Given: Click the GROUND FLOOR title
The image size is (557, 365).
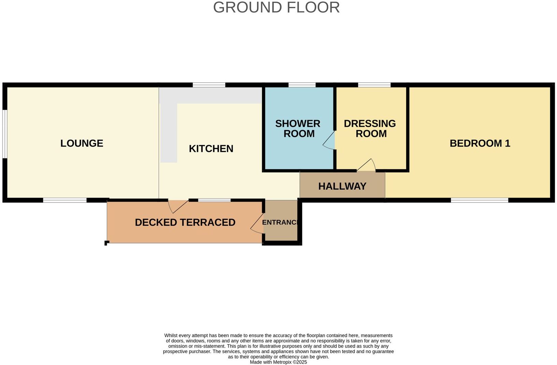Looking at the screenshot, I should click(x=276, y=8).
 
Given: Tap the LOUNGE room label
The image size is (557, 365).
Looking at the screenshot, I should click(x=82, y=143).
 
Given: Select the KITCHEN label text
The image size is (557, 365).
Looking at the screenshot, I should click(x=211, y=149).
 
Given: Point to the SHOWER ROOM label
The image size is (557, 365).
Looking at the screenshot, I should click(x=298, y=129).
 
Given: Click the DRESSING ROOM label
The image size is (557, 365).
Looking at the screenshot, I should click(x=370, y=129).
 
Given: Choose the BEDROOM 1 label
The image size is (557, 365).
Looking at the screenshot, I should click(x=480, y=143).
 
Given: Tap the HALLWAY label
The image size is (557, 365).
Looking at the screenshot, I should click(x=342, y=186).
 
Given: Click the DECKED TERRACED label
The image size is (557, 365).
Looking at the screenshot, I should click(x=185, y=223).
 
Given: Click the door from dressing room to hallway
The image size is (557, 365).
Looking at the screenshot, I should click(x=367, y=165).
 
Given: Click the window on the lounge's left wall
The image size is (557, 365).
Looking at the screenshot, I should click(x=5, y=134).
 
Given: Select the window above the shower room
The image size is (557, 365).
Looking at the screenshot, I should click(x=302, y=85).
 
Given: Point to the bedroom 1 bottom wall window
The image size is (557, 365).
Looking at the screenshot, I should click(x=479, y=200).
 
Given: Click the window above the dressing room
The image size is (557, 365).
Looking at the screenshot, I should click(x=374, y=85).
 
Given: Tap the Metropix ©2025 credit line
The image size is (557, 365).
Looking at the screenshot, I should click(x=278, y=362).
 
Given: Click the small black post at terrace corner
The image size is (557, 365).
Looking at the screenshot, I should click(x=106, y=243).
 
